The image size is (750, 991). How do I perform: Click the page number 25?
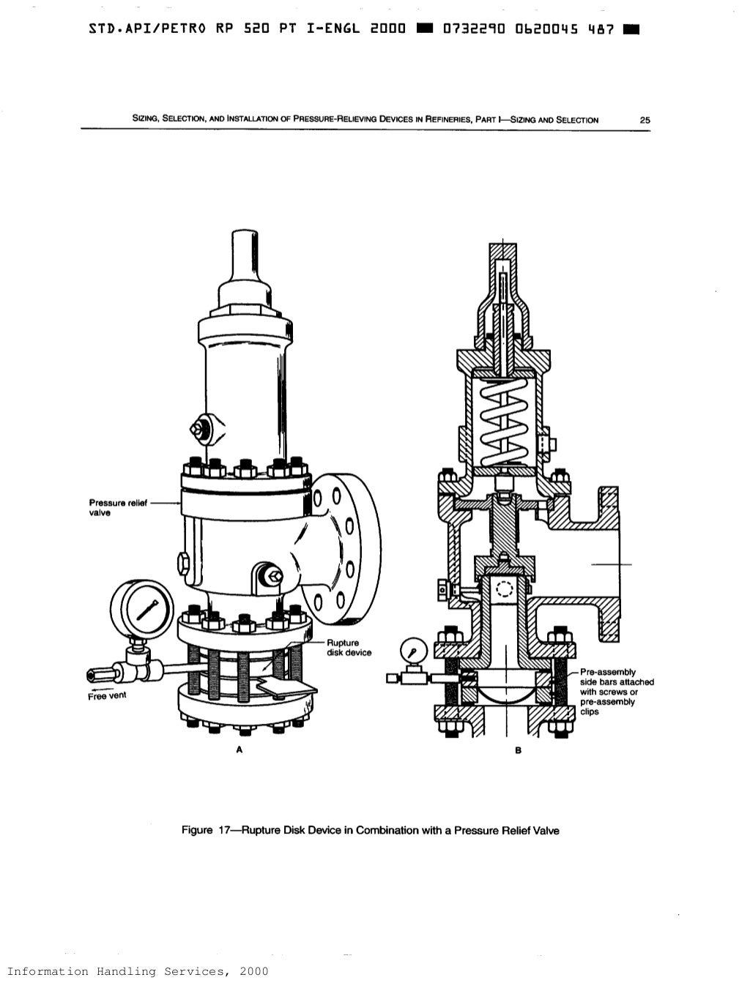click(645, 120)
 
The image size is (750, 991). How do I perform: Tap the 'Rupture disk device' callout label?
click(349, 648)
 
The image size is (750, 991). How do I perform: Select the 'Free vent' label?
click(107, 695)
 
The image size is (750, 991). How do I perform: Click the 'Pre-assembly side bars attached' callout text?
click(616, 681)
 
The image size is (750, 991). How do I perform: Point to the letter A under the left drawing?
click(238, 749)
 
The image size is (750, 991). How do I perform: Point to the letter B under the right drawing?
click(518, 750)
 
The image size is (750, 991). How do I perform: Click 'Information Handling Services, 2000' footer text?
click(138, 972)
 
